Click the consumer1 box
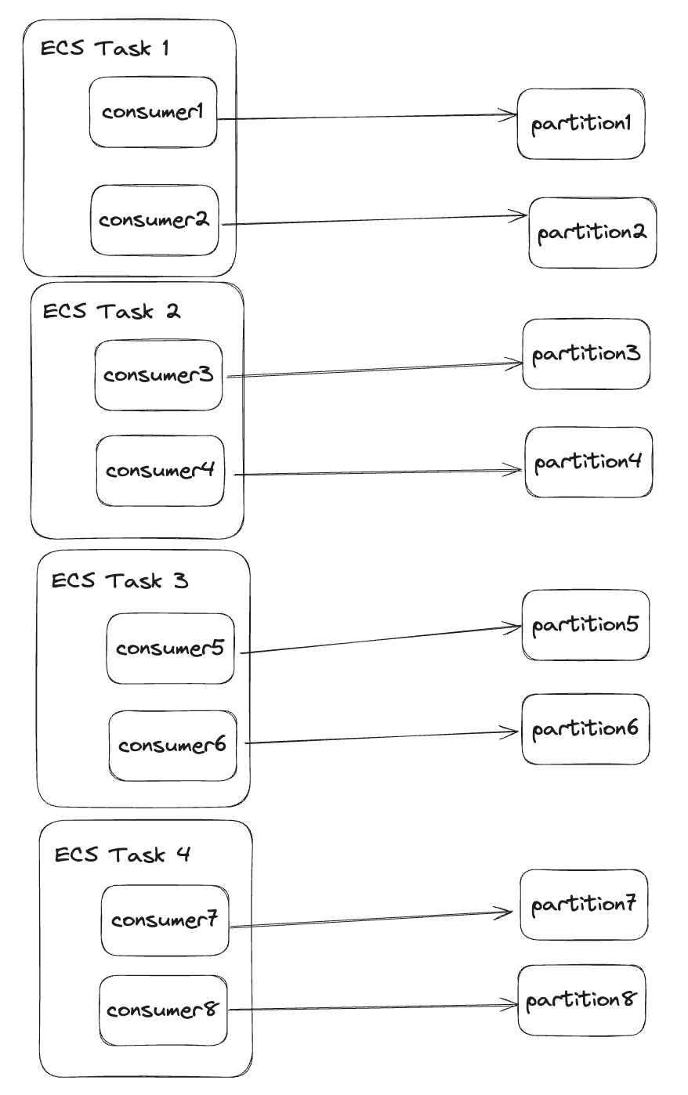coord(153,112)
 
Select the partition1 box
coord(581,124)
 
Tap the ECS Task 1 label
coord(105,49)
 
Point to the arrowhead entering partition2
coord(523,215)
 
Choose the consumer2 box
coord(154,220)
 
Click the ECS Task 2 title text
coord(111,311)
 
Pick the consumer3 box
coord(158,375)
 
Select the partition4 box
coord(588,462)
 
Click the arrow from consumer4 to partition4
coord(376,472)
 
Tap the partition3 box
coord(586,354)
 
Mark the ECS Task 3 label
coord(120,581)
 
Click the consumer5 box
coord(170,649)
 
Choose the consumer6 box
coord(172,746)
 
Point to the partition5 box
coord(586,625)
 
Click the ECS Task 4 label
coord(122,855)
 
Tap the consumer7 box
coord(165,920)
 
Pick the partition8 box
coord(581,1000)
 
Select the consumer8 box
coord(163,1010)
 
